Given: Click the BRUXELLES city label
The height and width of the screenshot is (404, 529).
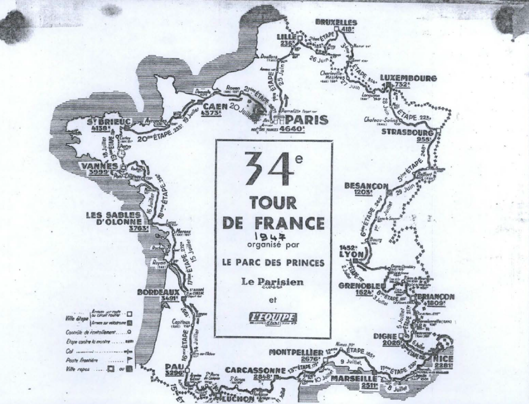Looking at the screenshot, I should coord(336,22).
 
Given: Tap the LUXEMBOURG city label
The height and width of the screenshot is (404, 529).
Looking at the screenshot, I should coord(408,78).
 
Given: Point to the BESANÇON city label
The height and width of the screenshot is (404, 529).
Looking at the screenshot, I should coord(366,185).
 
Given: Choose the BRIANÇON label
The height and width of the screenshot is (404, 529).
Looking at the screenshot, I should coord(434,297).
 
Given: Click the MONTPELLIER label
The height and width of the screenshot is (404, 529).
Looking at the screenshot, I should coord(296,352).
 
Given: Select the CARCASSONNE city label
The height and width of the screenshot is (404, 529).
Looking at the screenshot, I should coord(255,370).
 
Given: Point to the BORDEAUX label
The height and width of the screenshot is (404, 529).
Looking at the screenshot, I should coord(158,292).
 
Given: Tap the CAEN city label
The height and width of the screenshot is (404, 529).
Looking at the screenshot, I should coord(212,107).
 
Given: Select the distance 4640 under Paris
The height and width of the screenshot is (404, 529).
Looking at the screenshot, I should coord(292,129).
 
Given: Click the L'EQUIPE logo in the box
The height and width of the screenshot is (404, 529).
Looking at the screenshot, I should coord(273,317).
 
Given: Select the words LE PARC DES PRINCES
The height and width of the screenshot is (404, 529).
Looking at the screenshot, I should coord(273,262).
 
